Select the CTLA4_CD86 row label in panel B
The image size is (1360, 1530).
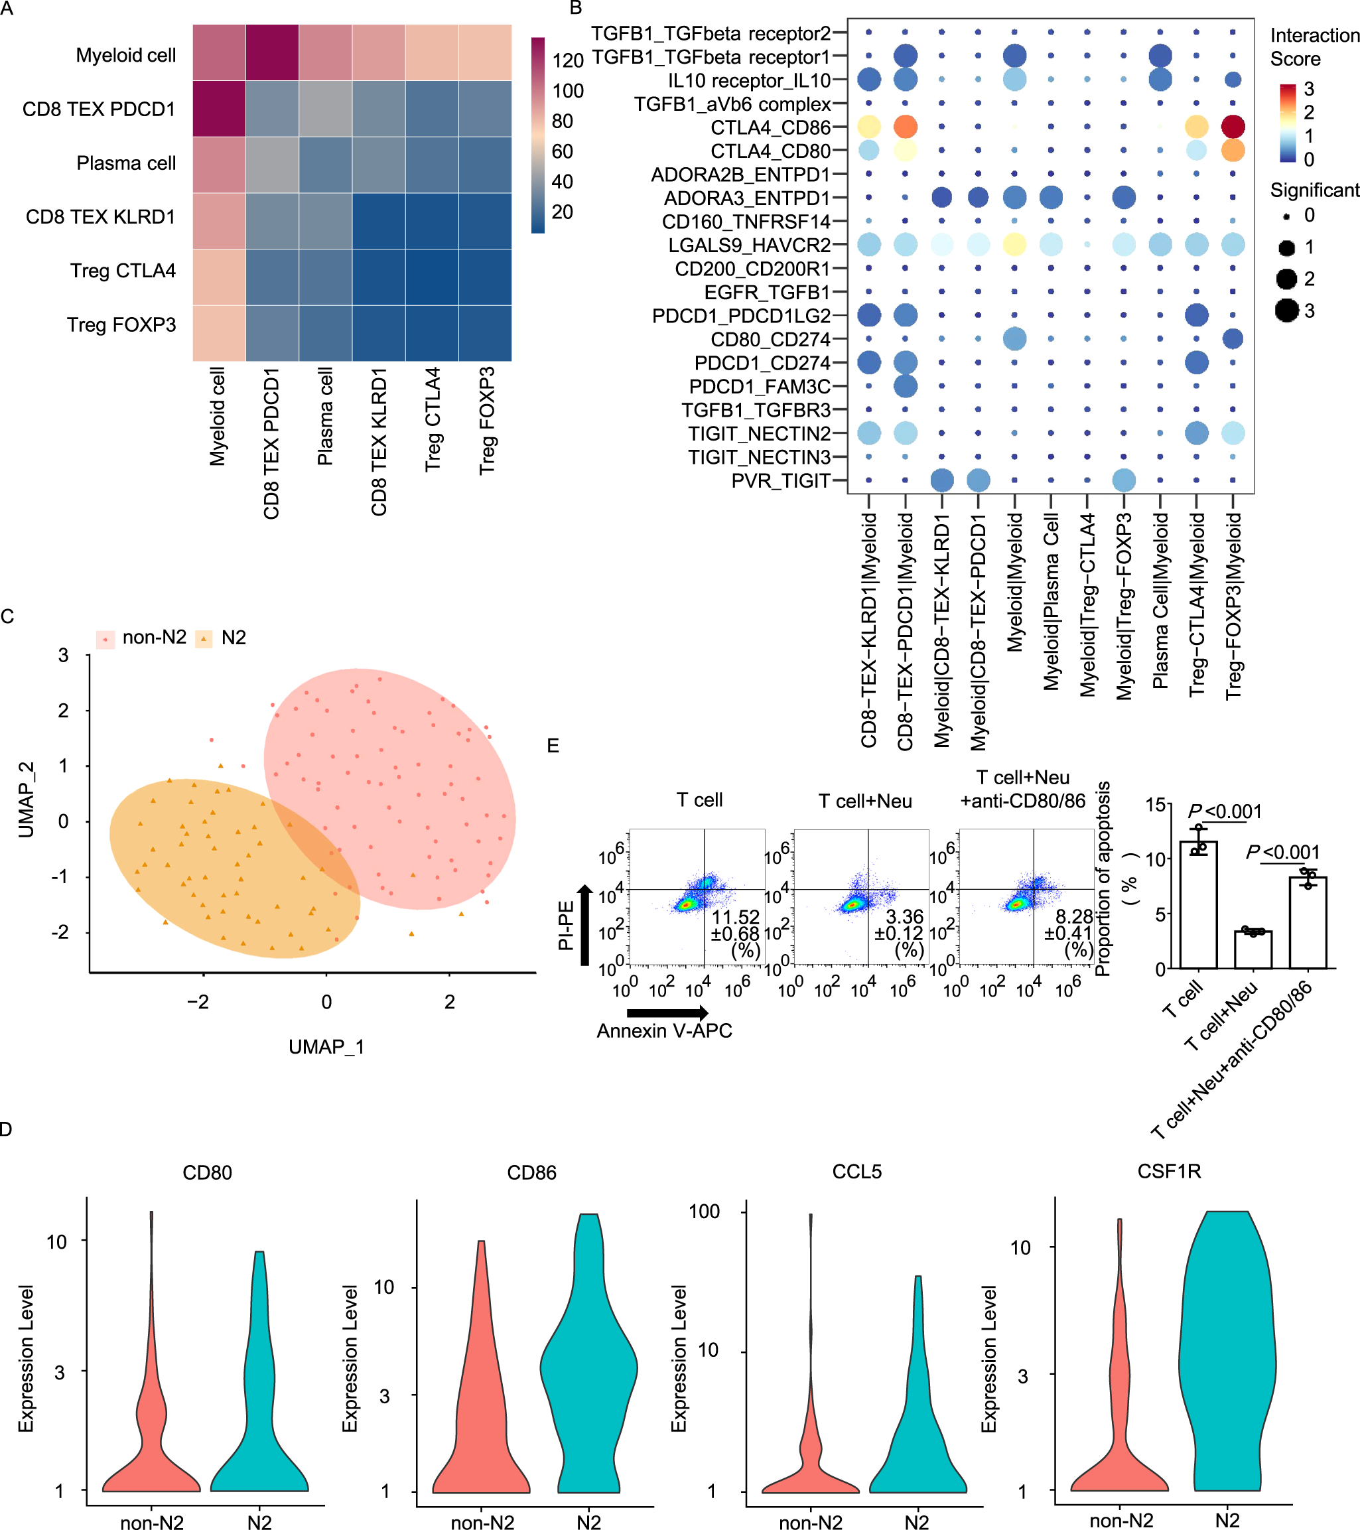[770, 127]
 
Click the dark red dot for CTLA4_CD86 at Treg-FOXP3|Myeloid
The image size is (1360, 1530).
[1232, 127]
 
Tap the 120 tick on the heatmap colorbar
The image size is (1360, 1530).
[567, 60]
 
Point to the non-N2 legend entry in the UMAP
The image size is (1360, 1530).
[142, 638]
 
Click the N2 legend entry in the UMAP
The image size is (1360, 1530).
[222, 638]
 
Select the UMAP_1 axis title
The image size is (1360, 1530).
[326, 1046]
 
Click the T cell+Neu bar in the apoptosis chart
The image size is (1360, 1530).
[1253, 949]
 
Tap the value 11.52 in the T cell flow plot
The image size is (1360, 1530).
[735, 917]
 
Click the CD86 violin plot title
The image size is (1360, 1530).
[531, 1172]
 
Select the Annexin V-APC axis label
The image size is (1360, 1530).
[664, 1031]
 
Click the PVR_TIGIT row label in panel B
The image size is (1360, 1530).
[780, 480]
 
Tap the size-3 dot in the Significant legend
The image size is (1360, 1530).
[1286, 310]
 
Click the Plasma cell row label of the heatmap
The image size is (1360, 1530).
[126, 163]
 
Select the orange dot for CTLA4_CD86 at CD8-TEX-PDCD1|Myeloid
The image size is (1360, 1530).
[904, 127]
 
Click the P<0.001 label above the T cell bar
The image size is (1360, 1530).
[1225, 811]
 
